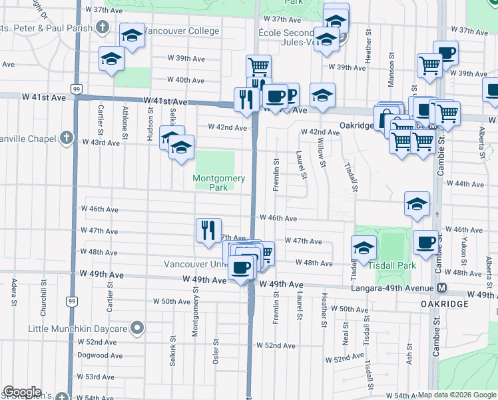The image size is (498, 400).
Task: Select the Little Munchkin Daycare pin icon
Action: (137, 328)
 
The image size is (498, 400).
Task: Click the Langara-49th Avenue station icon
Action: (441, 287)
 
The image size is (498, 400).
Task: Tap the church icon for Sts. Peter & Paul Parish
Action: (102, 27)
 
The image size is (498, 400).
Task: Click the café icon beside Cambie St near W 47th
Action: (425, 242)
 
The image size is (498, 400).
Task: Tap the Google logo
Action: (23, 392)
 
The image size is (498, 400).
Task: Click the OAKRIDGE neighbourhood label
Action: (445, 304)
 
